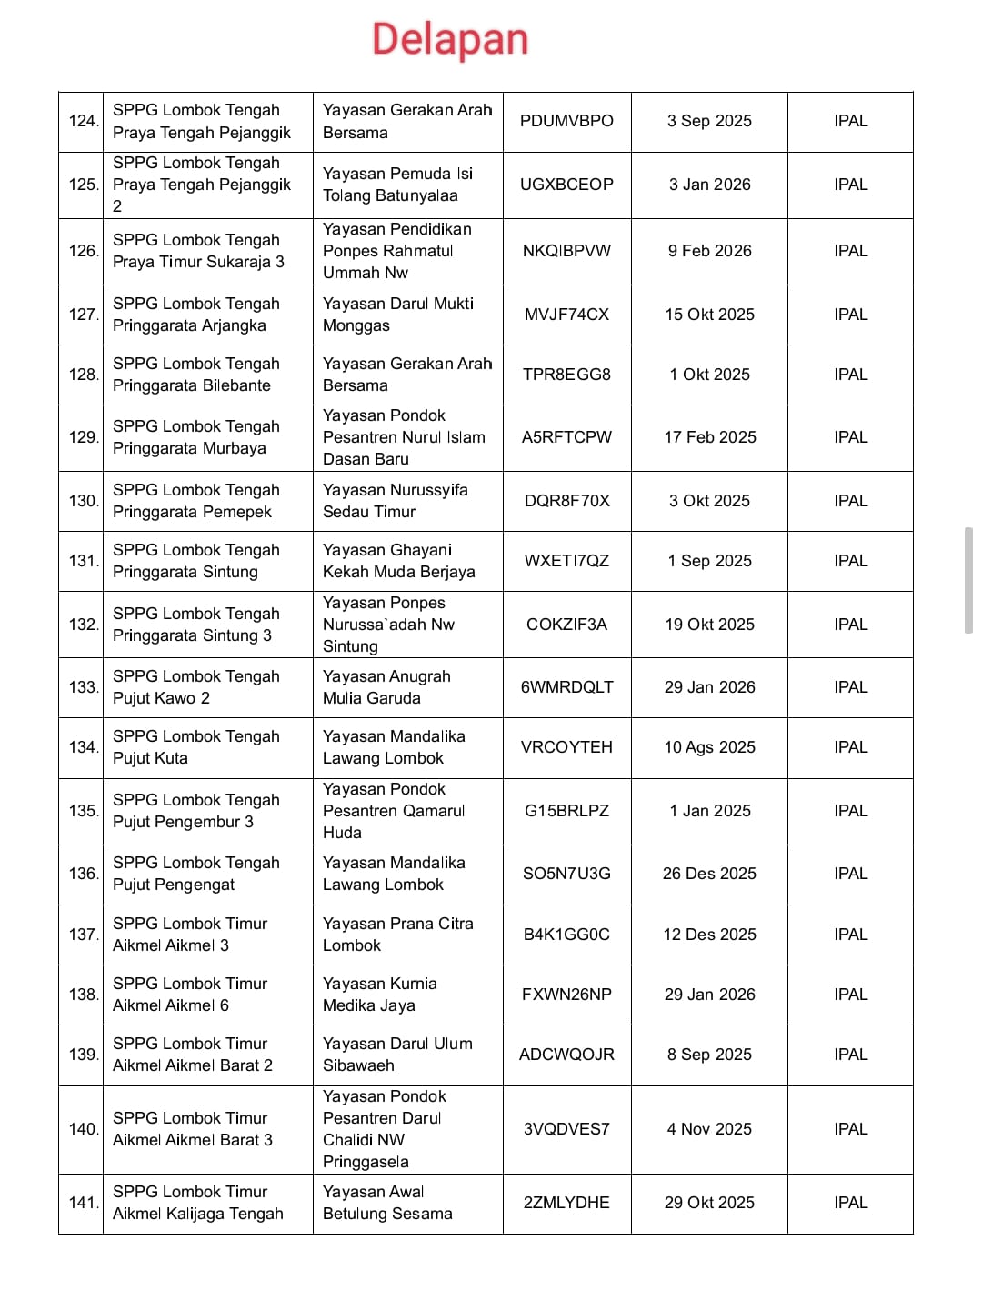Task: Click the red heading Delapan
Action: (x=450, y=40)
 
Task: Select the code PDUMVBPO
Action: (x=566, y=121)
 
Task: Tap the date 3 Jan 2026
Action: (x=709, y=185)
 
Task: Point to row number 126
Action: (x=83, y=251)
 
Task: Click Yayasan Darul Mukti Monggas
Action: (x=397, y=315)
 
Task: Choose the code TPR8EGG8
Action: (x=566, y=375)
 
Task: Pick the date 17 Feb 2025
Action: (x=709, y=437)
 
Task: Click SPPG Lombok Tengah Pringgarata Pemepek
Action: (x=195, y=501)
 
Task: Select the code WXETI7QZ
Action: (x=566, y=561)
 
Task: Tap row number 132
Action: (x=83, y=625)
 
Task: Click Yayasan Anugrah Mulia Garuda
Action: (x=386, y=687)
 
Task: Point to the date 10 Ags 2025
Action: (x=709, y=747)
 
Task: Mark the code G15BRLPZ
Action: (x=566, y=811)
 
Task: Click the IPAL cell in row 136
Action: (x=850, y=874)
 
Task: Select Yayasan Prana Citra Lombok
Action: (x=397, y=935)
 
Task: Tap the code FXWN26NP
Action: (x=566, y=995)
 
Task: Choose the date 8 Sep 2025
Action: (x=709, y=1055)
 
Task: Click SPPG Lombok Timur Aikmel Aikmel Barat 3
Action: (x=192, y=1129)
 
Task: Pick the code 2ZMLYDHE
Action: (x=566, y=1203)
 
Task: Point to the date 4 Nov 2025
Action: (x=709, y=1129)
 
